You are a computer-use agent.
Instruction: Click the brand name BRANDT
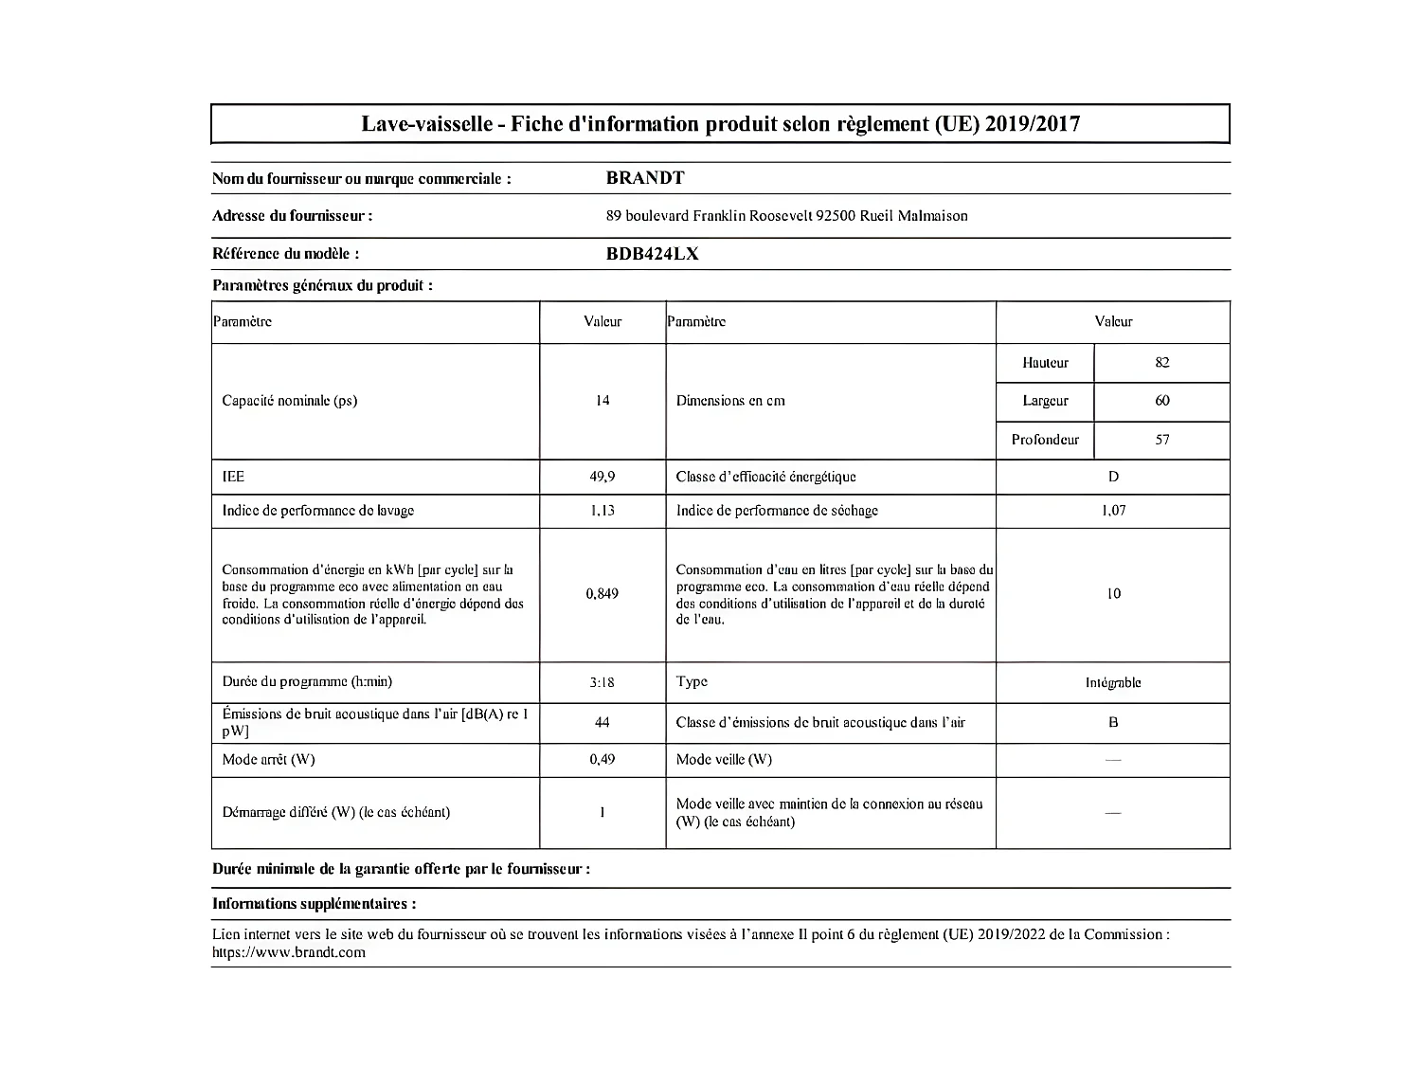[x=644, y=178]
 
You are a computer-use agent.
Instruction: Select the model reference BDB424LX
[x=652, y=254]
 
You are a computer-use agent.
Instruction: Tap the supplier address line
[x=786, y=216]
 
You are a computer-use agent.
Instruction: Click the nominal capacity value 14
[x=603, y=401]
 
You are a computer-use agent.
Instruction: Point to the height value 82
[x=1162, y=363]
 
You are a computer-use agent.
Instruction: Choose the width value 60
[x=1162, y=401]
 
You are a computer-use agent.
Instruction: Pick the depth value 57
[x=1162, y=440]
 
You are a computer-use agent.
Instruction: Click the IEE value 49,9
[x=603, y=477]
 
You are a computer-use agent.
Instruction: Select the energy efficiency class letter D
[x=1113, y=477]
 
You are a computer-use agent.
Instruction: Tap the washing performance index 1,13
[x=603, y=511]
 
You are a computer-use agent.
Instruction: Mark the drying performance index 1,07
[x=1113, y=511]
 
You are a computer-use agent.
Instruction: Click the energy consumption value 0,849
[x=603, y=594]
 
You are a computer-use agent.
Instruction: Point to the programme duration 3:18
[x=603, y=682]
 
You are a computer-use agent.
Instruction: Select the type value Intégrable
[x=1113, y=683]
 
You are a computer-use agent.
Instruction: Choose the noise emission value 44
[x=603, y=723]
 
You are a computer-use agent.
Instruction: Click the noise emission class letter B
[x=1113, y=723]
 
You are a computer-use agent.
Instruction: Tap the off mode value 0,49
[x=603, y=760]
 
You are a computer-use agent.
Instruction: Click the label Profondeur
[x=1045, y=440]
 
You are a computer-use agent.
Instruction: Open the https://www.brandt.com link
[x=289, y=953]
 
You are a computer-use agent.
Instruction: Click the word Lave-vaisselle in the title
[x=426, y=124]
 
